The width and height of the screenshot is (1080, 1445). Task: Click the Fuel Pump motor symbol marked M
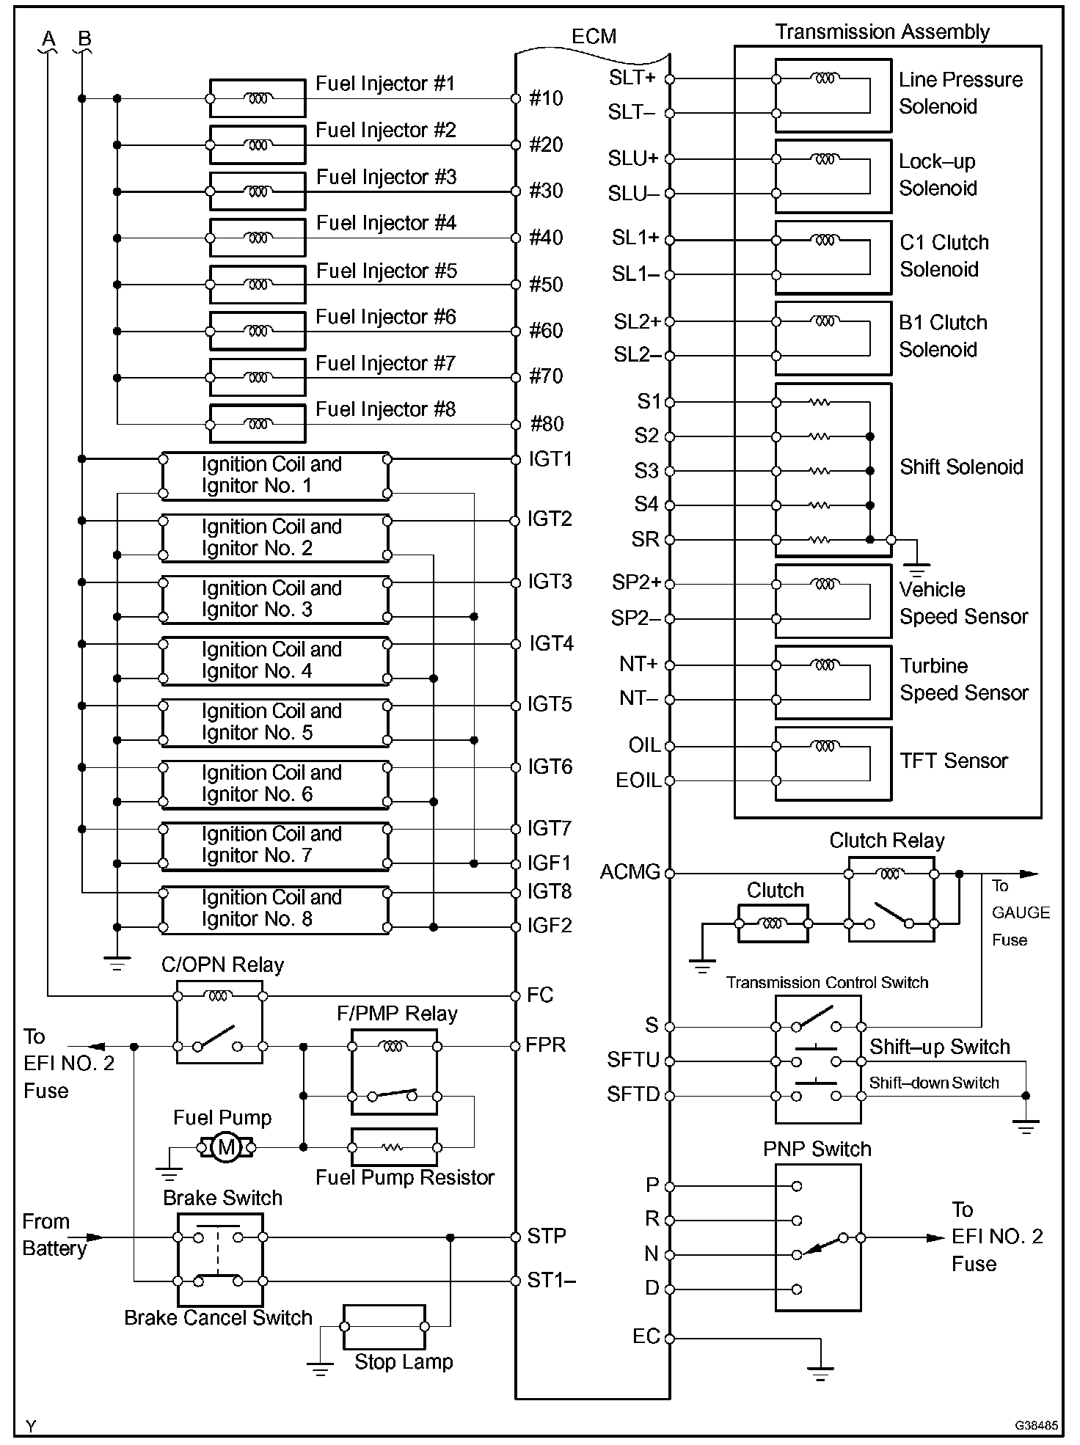tap(226, 1146)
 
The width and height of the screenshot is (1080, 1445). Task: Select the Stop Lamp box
tap(384, 1326)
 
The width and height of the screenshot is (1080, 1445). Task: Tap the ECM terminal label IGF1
tap(550, 863)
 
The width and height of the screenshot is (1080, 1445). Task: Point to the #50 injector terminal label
tap(546, 284)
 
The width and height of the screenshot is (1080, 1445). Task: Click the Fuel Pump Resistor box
tap(394, 1147)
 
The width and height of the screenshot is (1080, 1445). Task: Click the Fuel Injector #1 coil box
tap(258, 98)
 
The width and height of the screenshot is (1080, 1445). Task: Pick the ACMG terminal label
tap(630, 872)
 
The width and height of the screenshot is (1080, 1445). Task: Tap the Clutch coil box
tap(773, 923)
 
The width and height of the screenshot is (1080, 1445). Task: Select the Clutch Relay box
tap(891, 899)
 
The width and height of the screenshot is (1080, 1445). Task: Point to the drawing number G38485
tap(1036, 1425)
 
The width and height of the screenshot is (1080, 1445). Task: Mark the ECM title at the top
tap(594, 37)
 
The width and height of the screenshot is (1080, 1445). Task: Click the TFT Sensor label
tap(954, 761)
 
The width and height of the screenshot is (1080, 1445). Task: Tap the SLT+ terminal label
tap(632, 77)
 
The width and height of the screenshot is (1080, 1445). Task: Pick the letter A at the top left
tap(48, 39)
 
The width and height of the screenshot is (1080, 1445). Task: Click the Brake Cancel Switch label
tap(218, 1318)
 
